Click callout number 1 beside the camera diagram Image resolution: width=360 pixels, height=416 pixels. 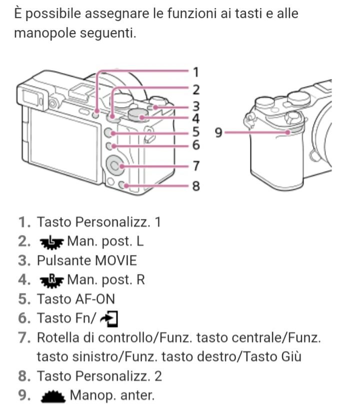click(196, 72)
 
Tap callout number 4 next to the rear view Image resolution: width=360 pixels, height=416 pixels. click(196, 118)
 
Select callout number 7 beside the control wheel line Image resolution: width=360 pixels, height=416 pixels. click(196, 166)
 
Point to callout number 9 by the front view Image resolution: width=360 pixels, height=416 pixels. click(218, 132)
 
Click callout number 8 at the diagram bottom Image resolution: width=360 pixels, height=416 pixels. click(196, 185)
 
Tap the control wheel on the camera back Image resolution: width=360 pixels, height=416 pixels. click(115, 166)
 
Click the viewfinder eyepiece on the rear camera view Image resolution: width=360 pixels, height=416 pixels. click(32, 97)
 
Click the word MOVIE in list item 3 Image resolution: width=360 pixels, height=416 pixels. click(115, 260)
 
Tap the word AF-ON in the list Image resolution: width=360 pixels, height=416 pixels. click(95, 299)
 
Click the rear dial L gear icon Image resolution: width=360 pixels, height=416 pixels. click(51, 242)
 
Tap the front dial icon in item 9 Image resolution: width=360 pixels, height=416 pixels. click(53, 396)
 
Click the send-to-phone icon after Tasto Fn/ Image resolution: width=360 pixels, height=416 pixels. click(109, 319)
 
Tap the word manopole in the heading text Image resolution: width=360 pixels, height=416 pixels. click(45, 33)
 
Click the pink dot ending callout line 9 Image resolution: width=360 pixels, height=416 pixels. click(288, 132)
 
